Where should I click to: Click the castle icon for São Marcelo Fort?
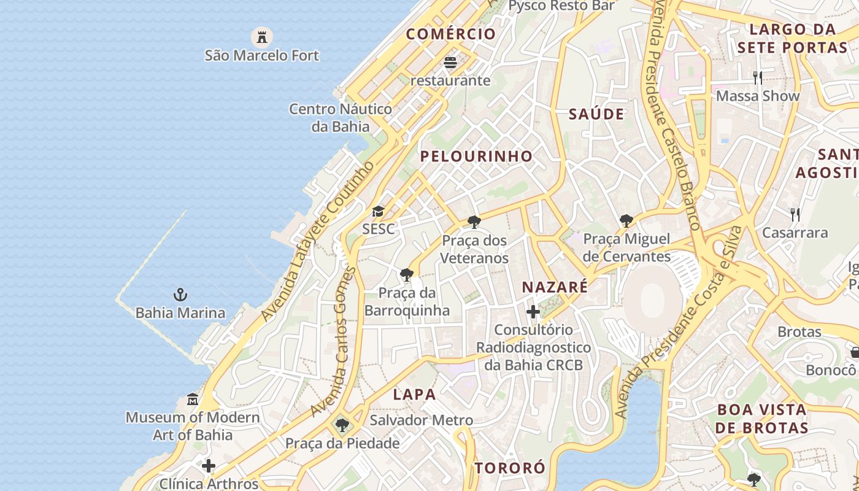click(262, 37)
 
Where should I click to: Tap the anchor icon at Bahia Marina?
click(180, 295)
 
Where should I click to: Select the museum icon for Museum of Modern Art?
click(193, 400)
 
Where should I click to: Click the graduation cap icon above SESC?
click(378, 212)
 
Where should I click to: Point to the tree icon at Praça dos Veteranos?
click(474, 222)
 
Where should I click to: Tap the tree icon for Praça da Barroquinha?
click(406, 274)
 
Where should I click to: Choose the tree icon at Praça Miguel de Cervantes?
click(626, 220)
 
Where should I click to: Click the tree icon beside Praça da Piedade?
click(342, 425)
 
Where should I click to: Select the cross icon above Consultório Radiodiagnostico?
click(533, 312)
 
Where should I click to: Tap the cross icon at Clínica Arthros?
click(209, 466)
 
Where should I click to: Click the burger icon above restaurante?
click(450, 63)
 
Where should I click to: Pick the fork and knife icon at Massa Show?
click(758, 78)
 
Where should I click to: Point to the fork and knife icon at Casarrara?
click(795, 215)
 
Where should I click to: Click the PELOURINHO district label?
click(476, 157)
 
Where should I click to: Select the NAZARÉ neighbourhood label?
click(555, 287)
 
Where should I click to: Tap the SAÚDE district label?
click(596, 114)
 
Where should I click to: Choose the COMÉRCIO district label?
click(450, 34)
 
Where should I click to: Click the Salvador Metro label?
click(421, 420)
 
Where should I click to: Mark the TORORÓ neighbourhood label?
click(509, 468)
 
